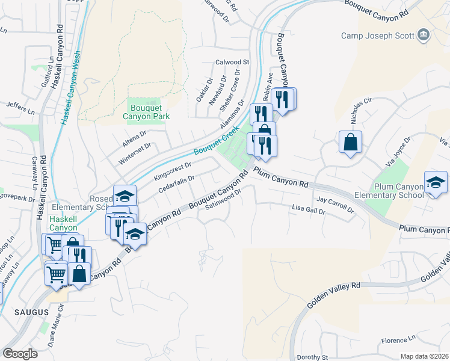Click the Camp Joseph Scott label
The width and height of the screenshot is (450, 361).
[x=377, y=35]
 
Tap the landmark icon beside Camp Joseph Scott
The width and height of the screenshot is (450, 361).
[x=424, y=35]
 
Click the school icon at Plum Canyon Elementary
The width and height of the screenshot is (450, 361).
[x=436, y=182]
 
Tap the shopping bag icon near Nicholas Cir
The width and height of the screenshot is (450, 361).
[x=350, y=143]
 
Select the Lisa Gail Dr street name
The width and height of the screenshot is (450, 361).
[x=308, y=211]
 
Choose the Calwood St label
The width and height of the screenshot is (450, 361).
[x=232, y=62]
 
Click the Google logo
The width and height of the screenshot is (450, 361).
[x=20, y=354]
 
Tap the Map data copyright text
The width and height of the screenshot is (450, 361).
[x=424, y=356]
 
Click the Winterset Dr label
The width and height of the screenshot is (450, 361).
[x=135, y=150]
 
